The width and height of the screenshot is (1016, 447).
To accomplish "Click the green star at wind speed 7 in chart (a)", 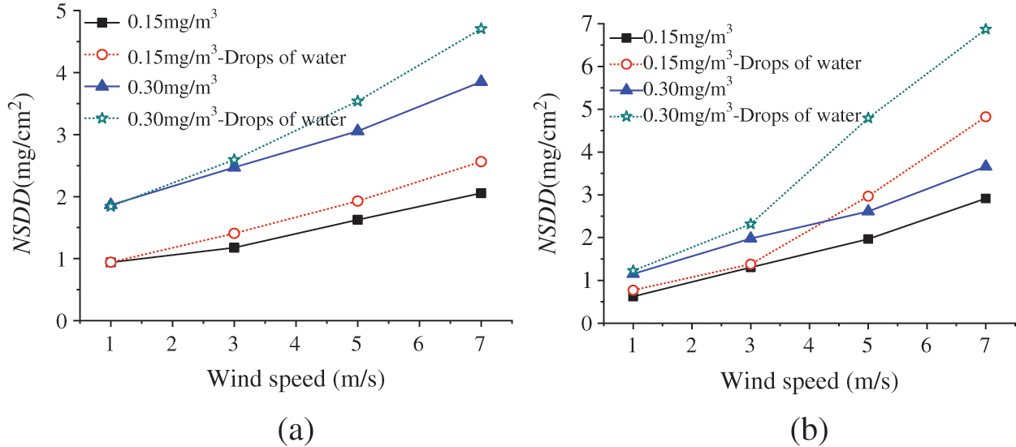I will [481, 28].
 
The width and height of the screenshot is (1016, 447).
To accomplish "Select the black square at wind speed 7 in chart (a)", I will [481, 193].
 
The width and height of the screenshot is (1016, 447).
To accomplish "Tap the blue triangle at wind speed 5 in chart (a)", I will [357, 130].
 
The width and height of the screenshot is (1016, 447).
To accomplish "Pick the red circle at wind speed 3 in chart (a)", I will [234, 233].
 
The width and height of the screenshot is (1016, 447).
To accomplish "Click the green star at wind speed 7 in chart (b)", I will [985, 29].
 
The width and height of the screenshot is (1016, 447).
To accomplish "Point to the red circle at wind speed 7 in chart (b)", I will [985, 117].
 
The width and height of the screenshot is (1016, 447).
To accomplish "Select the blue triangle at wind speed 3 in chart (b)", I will [750, 238].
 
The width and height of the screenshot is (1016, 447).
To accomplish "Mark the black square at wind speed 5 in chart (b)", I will [868, 239].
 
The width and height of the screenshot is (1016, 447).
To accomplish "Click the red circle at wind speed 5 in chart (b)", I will [868, 196].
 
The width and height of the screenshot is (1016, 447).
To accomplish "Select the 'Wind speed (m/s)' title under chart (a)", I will [296, 379].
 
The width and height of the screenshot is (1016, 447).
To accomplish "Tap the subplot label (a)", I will [295, 428].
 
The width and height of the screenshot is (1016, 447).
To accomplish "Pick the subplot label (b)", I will [809, 428].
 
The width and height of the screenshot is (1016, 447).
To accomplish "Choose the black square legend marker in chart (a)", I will [102, 23].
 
